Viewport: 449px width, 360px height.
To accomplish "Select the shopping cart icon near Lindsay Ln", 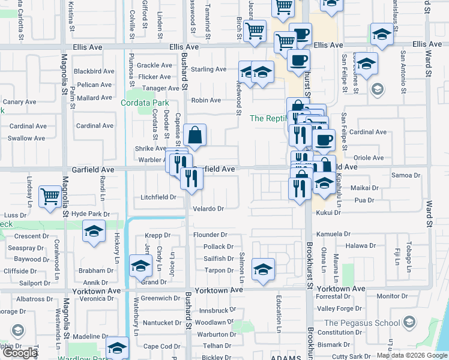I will [50, 196].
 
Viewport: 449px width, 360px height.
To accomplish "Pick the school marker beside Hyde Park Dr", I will [94, 232].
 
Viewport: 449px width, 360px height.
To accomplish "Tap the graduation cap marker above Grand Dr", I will [139, 266].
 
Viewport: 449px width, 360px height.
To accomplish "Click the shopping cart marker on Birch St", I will [255, 31].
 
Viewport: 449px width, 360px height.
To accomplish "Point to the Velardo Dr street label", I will [208, 209].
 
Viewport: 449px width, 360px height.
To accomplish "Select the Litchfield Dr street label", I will [158, 197].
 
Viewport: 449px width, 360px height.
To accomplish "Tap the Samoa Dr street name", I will [406, 175].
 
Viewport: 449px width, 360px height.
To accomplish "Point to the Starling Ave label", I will [208, 70].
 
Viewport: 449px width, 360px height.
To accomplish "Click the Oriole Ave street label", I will [369, 158].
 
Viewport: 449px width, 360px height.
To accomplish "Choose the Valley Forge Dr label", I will [340, 308].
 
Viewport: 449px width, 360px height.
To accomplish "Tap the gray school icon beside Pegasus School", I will [409, 323].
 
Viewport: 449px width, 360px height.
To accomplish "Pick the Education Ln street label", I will [279, 313].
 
